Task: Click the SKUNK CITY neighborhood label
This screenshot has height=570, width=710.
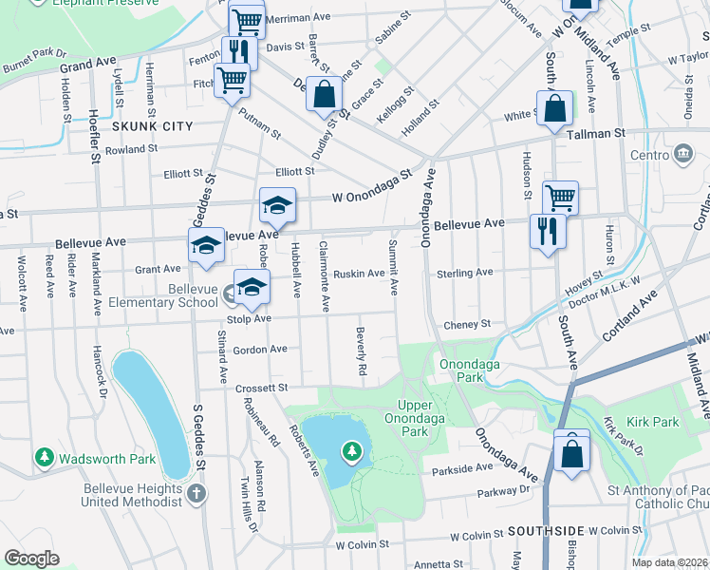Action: pos(152,126)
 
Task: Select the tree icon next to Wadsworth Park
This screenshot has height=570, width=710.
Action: pos(45,458)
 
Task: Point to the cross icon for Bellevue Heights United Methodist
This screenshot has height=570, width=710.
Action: pos(196,493)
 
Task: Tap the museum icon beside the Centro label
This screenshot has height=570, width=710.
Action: pos(682,154)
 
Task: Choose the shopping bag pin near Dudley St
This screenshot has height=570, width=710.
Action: pos(324,95)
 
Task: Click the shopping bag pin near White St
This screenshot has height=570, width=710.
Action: pos(553,109)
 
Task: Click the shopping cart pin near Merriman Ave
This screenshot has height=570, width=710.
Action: pos(246,19)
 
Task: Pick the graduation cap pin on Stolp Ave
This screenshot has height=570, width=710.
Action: pos(252,286)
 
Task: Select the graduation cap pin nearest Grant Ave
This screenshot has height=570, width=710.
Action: pos(206,245)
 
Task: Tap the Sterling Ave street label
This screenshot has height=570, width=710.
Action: pos(464,273)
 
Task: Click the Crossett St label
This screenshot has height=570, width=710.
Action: pos(261,388)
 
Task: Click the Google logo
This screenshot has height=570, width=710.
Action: pos(31,558)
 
